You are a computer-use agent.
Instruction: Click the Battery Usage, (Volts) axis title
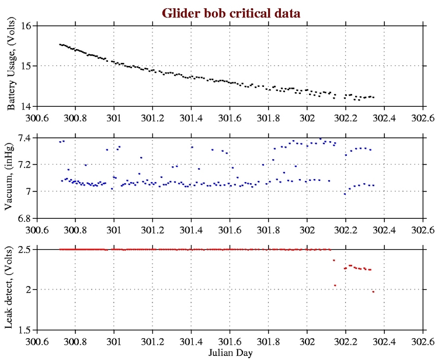click(x=12, y=66)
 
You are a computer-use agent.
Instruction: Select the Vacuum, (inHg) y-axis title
click(x=12, y=178)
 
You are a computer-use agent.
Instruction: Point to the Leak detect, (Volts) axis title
click(x=12, y=289)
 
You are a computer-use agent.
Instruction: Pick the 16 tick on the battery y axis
click(x=27, y=26)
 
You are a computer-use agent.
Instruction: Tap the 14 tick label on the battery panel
click(x=27, y=106)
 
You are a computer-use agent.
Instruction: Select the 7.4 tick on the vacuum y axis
click(x=25, y=138)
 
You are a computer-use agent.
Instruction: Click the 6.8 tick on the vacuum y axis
click(x=25, y=218)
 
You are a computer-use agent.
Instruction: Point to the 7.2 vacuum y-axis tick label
click(x=25, y=165)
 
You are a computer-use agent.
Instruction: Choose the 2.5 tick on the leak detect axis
click(x=25, y=249)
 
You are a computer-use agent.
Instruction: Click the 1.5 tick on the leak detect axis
click(x=25, y=330)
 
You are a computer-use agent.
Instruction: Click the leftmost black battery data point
click(x=60, y=44)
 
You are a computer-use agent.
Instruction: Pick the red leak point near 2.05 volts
click(x=335, y=285)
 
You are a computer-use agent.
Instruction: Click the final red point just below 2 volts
click(x=373, y=291)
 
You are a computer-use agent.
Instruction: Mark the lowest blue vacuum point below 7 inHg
click(x=345, y=194)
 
